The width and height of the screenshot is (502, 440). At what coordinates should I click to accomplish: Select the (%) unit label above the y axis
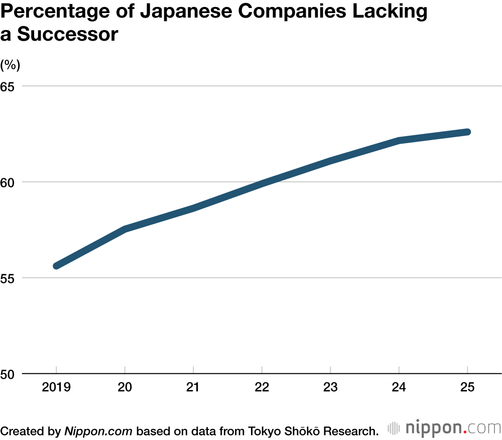[x=10, y=65]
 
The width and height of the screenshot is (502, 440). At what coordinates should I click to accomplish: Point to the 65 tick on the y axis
[x=8, y=86]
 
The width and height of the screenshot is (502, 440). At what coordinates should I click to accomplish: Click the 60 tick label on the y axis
[x=8, y=182]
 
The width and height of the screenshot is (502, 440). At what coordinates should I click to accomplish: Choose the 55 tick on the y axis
[x=8, y=278]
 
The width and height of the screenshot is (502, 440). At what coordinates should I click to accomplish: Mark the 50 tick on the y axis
[x=8, y=374]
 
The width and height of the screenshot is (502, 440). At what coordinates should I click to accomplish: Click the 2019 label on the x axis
[x=56, y=388]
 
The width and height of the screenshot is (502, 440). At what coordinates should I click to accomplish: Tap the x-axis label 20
[x=124, y=388]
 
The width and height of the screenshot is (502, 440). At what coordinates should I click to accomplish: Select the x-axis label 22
[x=262, y=388]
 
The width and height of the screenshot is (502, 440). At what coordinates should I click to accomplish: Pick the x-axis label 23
[x=330, y=388]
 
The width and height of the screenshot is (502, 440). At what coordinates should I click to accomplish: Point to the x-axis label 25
[x=467, y=388]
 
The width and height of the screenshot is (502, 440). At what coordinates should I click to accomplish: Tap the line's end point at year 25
[x=467, y=132]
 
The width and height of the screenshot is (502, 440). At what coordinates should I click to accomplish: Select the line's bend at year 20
[x=124, y=229]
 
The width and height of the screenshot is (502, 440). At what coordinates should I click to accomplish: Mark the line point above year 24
[x=399, y=140]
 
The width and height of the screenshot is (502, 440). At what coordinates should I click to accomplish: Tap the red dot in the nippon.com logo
[x=465, y=432]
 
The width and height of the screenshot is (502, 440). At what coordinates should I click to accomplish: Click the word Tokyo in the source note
[x=261, y=430]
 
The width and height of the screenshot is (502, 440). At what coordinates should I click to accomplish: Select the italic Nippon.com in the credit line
[x=98, y=430]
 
